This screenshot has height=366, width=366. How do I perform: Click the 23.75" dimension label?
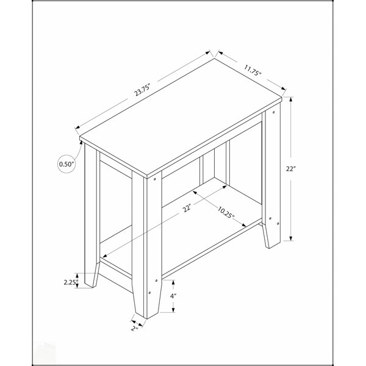142,90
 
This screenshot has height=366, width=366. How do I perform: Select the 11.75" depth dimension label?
253,70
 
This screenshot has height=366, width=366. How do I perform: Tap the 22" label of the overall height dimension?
291,168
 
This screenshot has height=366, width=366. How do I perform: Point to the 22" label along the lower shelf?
187,208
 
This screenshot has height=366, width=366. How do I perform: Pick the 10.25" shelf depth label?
226,212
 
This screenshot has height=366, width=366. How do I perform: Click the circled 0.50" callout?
66,164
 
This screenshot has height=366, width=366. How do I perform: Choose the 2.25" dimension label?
71,282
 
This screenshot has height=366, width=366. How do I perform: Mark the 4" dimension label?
173,296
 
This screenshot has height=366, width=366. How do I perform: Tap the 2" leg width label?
134,328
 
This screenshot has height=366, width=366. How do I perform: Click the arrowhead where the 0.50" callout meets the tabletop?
81,142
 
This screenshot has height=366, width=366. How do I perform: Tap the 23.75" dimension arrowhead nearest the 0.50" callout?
77,127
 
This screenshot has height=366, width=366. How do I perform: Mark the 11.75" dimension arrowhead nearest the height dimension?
284,88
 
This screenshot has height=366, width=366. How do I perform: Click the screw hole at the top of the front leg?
154,179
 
